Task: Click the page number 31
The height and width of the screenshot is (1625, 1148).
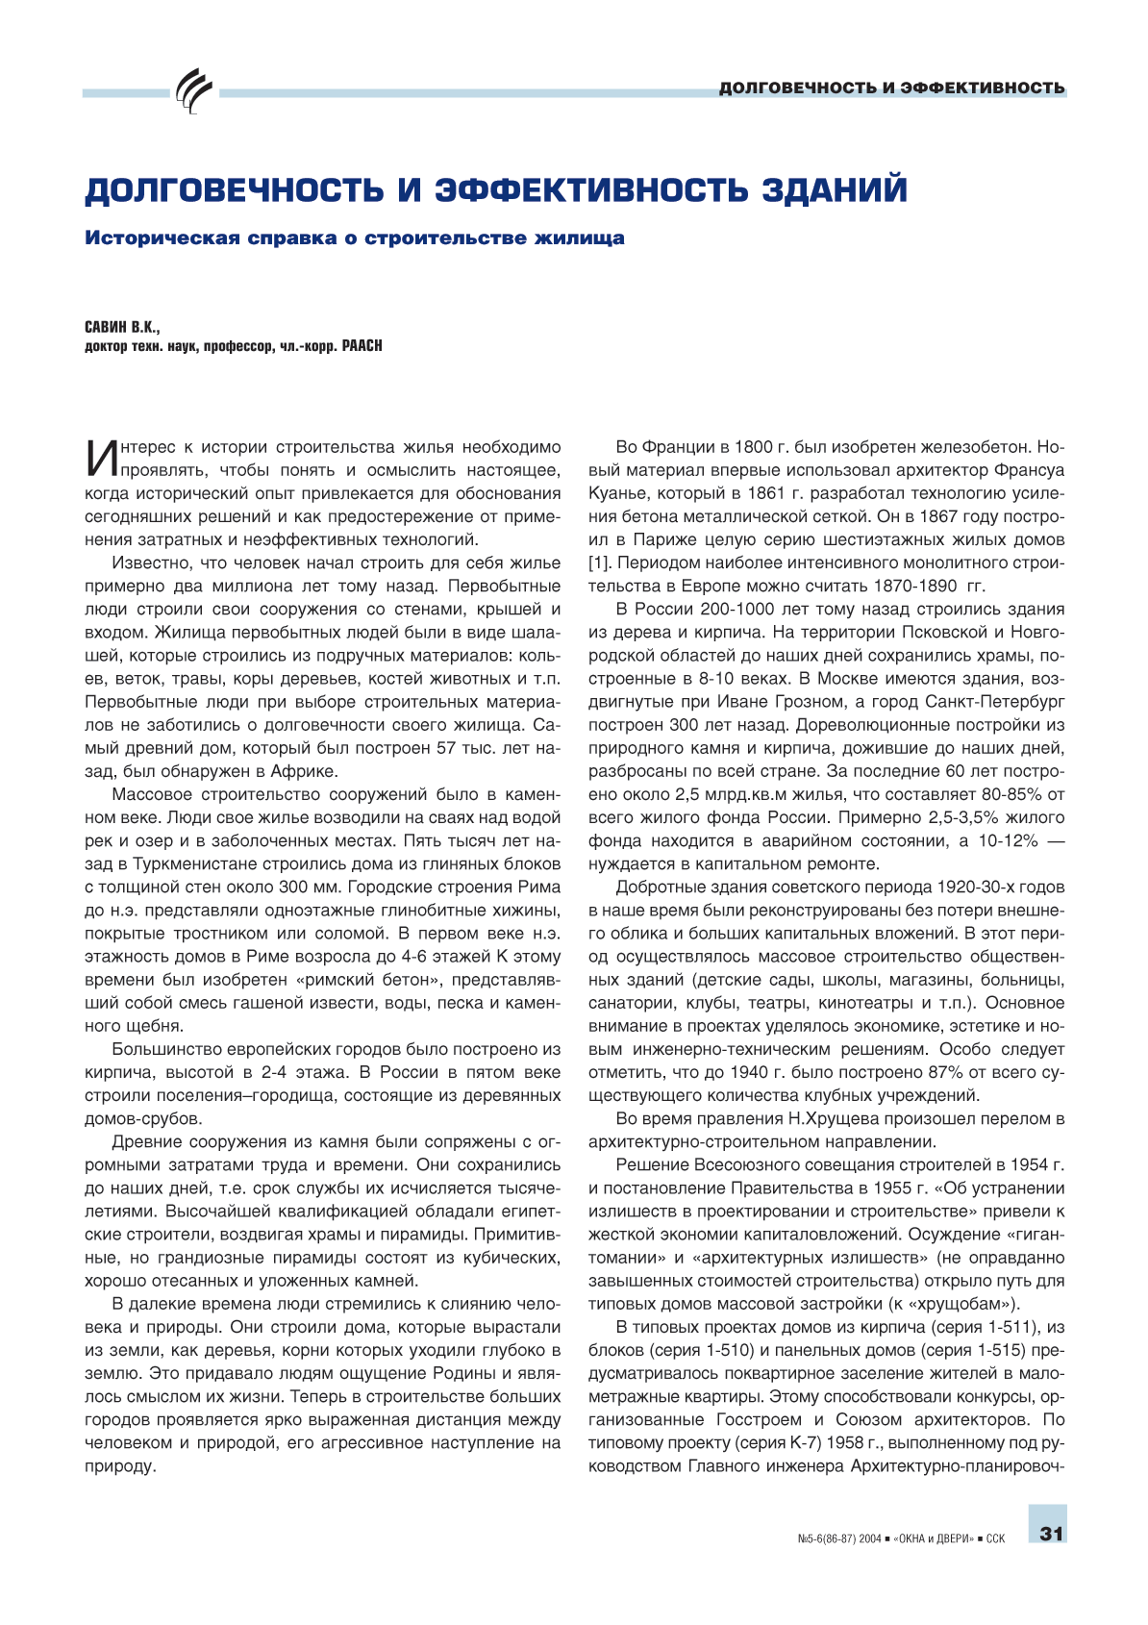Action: (x=1051, y=1533)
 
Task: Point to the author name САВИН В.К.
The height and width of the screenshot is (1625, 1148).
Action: (x=122, y=328)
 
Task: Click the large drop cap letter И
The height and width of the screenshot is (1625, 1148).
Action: (x=99, y=459)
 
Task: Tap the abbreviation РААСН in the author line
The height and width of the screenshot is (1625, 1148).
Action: (x=362, y=346)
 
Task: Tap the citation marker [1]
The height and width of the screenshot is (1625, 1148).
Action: (x=598, y=562)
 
